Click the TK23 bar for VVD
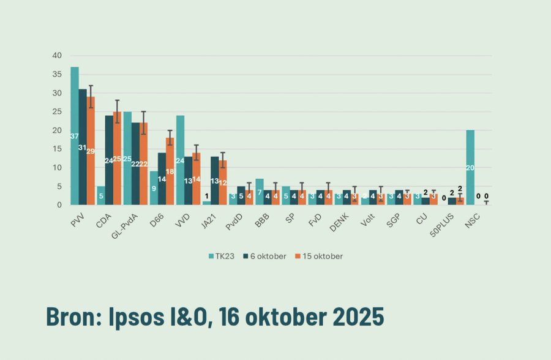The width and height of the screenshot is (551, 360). click(x=180, y=160)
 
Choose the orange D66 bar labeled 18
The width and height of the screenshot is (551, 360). click(x=170, y=171)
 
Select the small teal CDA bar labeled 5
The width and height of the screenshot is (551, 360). click(x=100, y=196)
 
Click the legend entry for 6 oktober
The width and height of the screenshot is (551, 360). click(x=264, y=256)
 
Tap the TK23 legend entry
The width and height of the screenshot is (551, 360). click(x=220, y=256)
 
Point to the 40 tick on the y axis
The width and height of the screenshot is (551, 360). click(x=57, y=56)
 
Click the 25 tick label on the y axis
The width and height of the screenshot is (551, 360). click(x=57, y=112)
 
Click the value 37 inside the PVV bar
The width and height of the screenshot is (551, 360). click(x=74, y=136)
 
